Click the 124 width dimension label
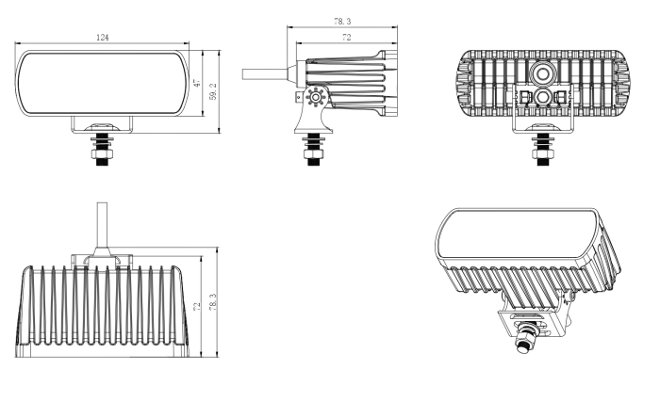[x=103, y=38]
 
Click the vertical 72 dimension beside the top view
[x=198, y=307]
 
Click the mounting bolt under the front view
[x=102, y=149]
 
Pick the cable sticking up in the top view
[x=102, y=225]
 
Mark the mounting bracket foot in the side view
[x=309, y=117]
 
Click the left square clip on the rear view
[x=523, y=97]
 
